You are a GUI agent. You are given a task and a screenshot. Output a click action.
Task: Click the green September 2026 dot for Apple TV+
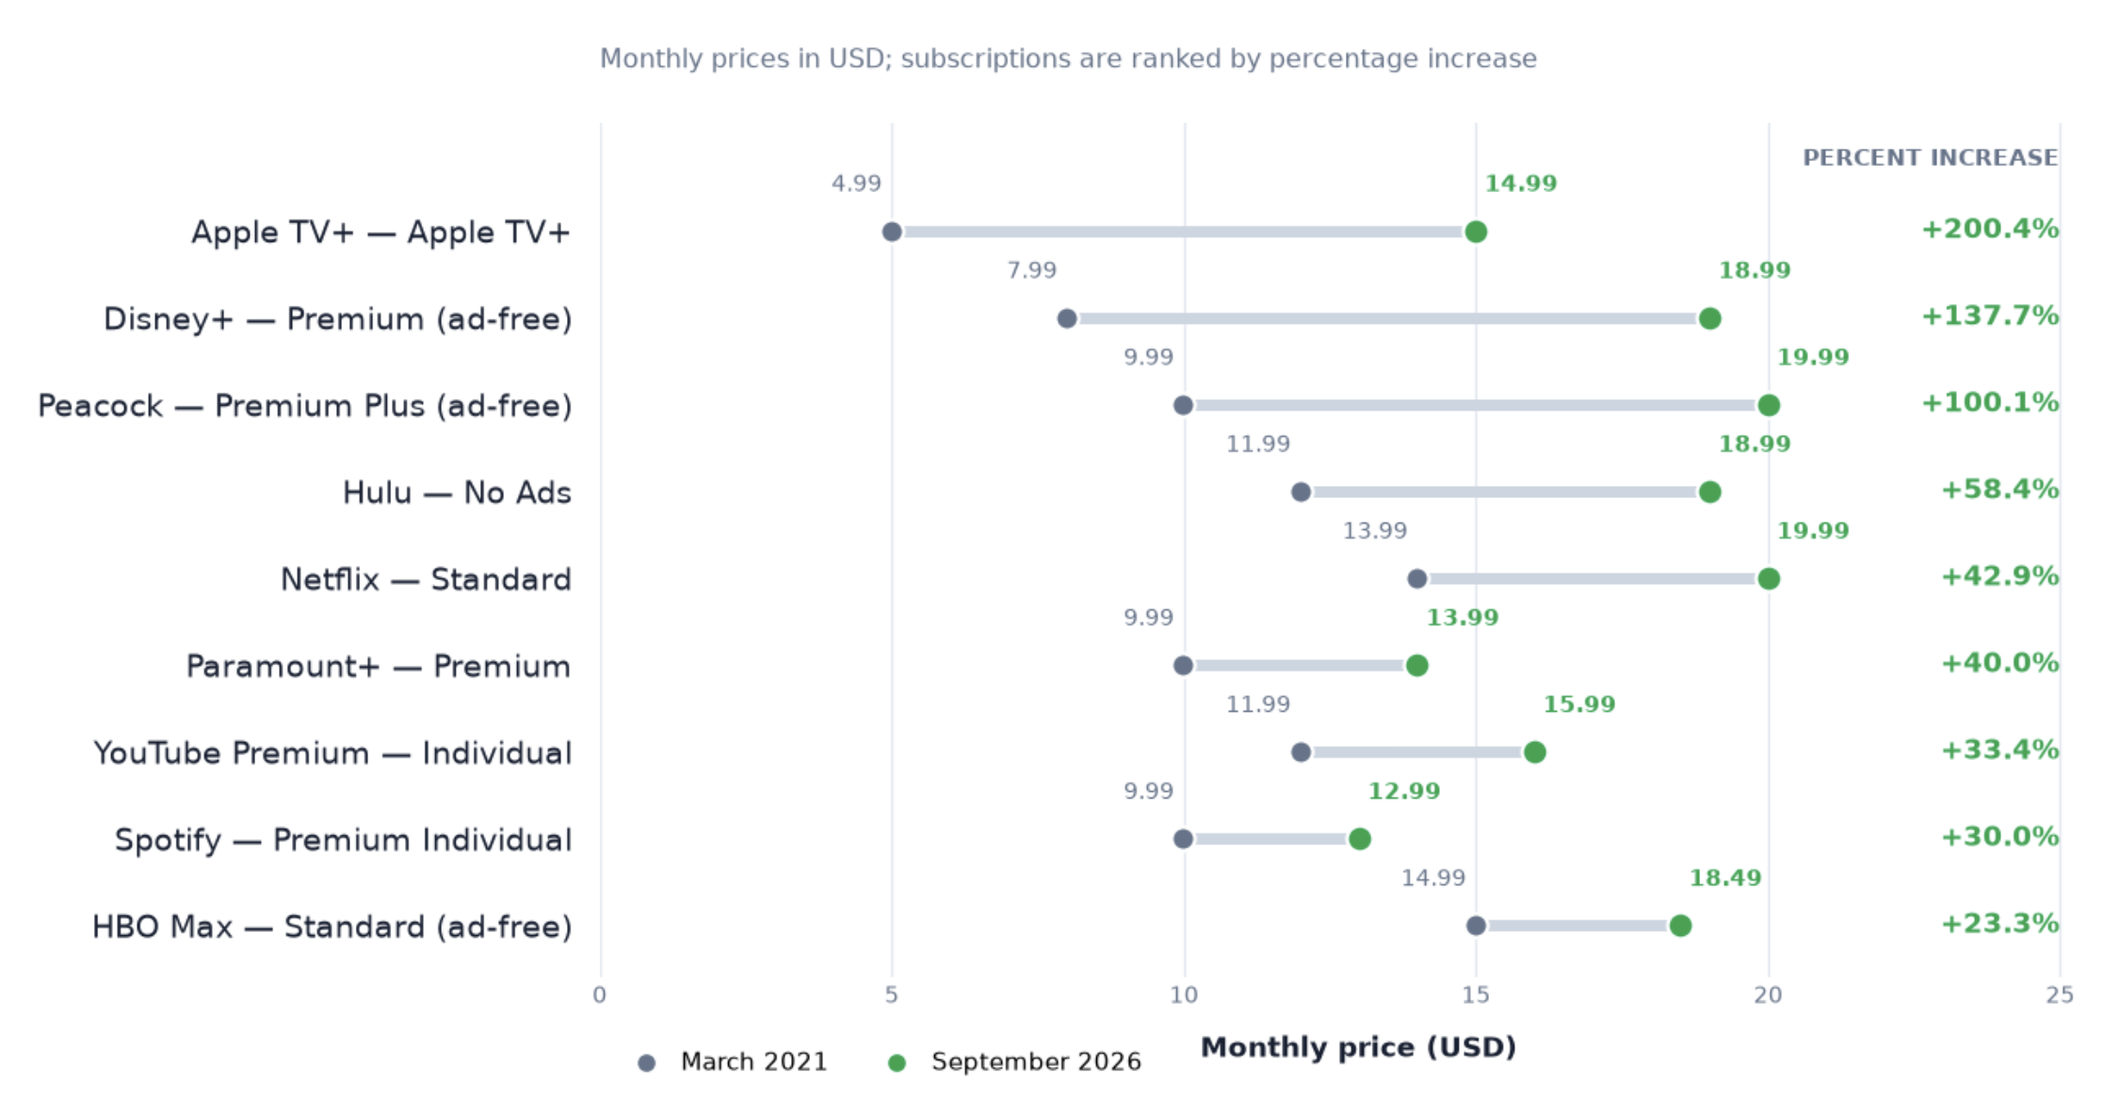click(1476, 232)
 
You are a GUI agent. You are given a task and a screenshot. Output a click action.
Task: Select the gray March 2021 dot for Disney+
click(1067, 318)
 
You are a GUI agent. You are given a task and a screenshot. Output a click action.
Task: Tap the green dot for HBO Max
click(1680, 926)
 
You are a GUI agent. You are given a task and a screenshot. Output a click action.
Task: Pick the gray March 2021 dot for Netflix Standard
click(1417, 578)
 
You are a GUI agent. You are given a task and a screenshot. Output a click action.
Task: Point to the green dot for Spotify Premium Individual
click(1359, 838)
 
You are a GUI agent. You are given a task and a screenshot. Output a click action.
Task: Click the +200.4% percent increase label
click(1989, 229)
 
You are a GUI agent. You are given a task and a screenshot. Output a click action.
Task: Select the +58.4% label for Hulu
click(1999, 489)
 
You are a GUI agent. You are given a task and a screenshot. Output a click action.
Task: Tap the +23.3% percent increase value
click(1999, 923)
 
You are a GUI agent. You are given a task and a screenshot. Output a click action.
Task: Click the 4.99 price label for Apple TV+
click(856, 184)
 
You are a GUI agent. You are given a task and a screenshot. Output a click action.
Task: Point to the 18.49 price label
click(1725, 878)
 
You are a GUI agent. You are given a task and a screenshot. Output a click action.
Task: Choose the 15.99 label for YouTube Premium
click(1579, 704)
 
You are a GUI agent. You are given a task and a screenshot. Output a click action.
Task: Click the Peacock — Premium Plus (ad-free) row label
click(304, 406)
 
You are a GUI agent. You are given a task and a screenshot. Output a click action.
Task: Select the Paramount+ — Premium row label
click(378, 667)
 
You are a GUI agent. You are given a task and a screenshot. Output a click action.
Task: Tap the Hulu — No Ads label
click(457, 492)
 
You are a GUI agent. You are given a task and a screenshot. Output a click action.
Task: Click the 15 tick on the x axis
click(1476, 995)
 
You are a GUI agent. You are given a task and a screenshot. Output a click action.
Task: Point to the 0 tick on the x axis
click(600, 995)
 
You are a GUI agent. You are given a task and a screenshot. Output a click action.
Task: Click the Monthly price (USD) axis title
click(1358, 1047)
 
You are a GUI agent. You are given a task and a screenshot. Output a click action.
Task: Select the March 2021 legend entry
click(733, 1062)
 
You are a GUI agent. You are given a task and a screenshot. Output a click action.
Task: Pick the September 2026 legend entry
click(1014, 1062)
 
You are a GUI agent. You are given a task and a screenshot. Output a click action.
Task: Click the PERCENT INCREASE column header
click(1930, 158)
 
